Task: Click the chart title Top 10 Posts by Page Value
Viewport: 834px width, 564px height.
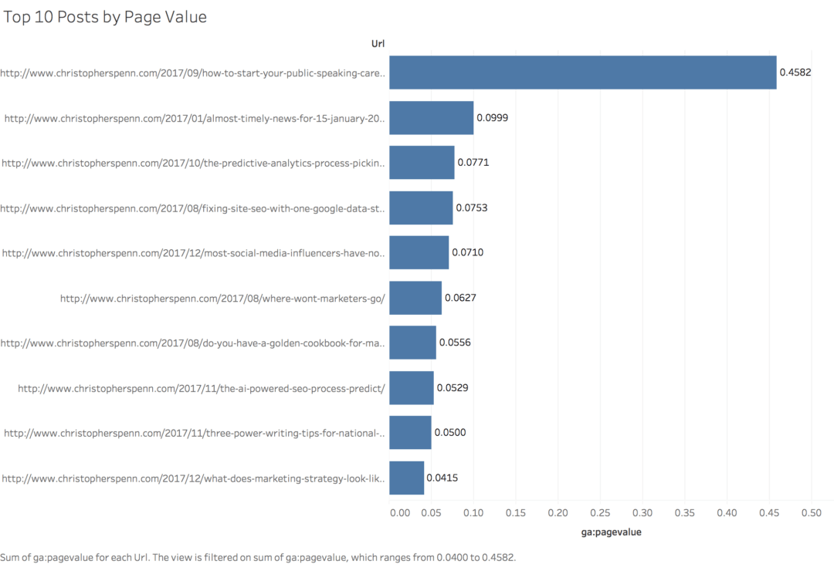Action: (105, 17)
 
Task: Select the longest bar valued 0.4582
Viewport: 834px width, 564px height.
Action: (582, 73)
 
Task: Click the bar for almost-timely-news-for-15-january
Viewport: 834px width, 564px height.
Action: (431, 118)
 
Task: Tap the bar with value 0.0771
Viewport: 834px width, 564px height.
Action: (422, 163)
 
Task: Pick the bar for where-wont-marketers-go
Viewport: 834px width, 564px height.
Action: (415, 298)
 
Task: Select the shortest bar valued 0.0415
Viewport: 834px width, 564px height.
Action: (406, 478)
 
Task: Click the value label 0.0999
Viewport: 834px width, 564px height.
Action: (492, 118)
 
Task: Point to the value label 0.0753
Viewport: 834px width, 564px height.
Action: (471, 208)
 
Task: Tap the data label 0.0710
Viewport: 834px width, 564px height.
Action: (467, 253)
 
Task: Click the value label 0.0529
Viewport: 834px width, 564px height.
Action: (452, 388)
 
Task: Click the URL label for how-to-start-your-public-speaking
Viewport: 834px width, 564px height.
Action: (192, 73)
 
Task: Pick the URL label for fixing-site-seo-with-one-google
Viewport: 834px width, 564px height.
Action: (192, 208)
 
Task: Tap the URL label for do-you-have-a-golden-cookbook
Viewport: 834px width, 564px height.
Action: (192, 343)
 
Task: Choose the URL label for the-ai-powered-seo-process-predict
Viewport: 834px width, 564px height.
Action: (202, 388)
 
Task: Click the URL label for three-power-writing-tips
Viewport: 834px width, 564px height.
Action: (194, 433)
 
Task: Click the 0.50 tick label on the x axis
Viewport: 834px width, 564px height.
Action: (811, 513)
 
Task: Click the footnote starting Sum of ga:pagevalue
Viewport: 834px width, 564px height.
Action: (258, 556)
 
